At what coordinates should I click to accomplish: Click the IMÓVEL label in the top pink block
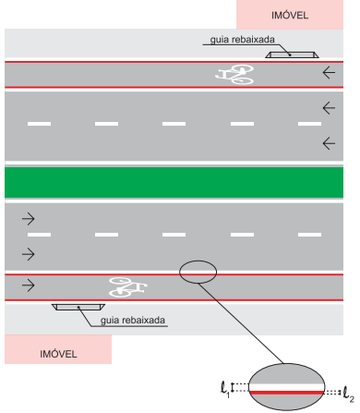[x=290, y=15]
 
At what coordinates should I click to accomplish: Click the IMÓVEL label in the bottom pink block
[x=58, y=354]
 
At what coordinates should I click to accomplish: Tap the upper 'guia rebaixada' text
[x=242, y=40]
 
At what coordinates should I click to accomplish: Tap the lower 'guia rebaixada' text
[x=133, y=321]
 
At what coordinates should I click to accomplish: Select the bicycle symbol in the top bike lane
[x=234, y=74]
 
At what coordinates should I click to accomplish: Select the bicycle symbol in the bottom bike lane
[x=128, y=287]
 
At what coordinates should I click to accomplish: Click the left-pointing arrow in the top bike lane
[x=329, y=73]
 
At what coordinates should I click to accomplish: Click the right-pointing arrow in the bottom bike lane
[x=29, y=285]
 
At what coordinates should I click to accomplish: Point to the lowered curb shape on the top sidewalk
[x=292, y=55]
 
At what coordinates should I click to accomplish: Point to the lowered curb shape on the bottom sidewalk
[x=78, y=307]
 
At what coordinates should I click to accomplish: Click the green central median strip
[x=174, y=182]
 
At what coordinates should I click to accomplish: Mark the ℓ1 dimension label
[x=225, y=389]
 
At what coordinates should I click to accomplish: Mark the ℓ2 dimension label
[x=348, y=395]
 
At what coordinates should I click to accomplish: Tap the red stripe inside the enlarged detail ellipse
[x=286, y=393]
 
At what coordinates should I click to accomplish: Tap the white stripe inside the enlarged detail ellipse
[x=286, y=387]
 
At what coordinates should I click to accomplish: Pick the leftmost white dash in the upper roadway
[x=39, y=124]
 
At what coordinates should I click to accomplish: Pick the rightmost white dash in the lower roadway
[x=309, y=235]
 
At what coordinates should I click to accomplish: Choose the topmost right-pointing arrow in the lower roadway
[x=29, y=219]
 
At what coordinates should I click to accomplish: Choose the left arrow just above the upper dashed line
[x=329, y=108]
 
